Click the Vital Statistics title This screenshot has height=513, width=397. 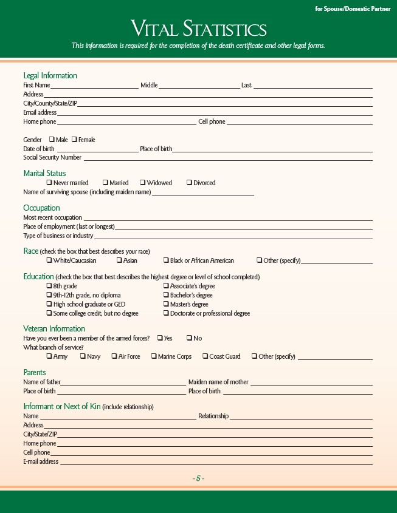coord(199,29)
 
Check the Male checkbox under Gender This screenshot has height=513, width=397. coord(52,140)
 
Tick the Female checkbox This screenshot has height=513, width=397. coord(74,140)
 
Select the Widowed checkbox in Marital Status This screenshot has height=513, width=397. coord(142,183)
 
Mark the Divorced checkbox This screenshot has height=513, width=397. coord(189,183)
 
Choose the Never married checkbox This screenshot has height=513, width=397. coord(49,183)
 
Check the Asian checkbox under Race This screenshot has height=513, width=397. coord(119,260)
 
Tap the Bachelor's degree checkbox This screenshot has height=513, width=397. coord(166,295)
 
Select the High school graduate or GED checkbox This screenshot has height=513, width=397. coord(49,304)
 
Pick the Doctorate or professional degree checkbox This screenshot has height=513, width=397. coord(166,313)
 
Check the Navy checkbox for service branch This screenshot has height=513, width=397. coord(83,356)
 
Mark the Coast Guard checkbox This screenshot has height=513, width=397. coord(205,356)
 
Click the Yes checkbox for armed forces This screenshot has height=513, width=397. coord(160,338)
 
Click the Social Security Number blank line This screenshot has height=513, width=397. coord(228,158)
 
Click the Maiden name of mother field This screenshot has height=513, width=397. coord(311,382)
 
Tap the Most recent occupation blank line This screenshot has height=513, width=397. coord(228,218)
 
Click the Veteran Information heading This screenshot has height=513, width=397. coord(54,329)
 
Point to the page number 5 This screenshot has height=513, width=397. coord(198,478)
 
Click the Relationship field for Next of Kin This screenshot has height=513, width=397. coord(301,416)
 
